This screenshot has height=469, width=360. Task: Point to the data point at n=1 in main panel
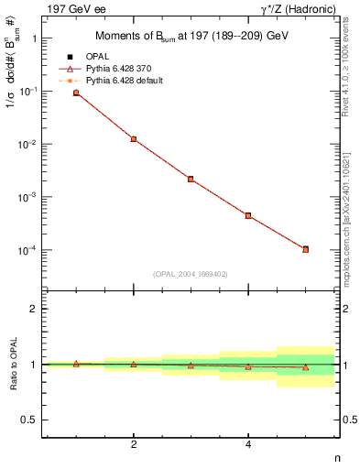76,93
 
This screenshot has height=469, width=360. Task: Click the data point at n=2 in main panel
134,139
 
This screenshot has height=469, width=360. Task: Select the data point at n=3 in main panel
191,179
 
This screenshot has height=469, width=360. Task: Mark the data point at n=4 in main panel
248,215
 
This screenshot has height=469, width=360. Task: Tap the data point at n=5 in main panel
305,249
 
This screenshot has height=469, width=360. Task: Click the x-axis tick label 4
248,444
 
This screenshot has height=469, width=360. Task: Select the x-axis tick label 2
134,444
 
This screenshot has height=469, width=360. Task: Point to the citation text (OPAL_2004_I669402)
191,273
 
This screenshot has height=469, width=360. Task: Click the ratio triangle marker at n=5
305,367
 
